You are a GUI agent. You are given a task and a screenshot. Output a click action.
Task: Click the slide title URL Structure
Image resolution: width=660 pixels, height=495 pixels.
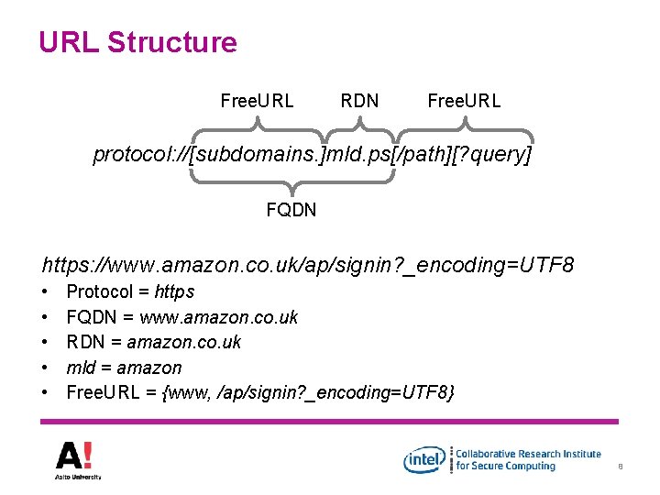[x=137, y=42]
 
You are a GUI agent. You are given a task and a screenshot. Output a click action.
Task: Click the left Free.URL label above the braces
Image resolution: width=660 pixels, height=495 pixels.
[x=257, y=101]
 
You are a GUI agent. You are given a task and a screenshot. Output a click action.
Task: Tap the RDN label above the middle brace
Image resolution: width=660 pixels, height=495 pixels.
[x=359, y=101]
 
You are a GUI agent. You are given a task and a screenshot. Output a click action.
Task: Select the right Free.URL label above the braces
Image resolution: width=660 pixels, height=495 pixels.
[x=464, y=101]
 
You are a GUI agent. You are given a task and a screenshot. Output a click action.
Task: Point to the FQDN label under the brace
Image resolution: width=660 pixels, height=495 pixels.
[x=291, y=210]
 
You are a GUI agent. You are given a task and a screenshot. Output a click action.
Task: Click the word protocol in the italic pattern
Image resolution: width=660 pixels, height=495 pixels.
[x=130, y=154]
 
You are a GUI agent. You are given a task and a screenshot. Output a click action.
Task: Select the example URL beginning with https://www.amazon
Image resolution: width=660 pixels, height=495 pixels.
[x=308, y=266]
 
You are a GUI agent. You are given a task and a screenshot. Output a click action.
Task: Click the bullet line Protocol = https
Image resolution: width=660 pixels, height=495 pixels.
[x=130, y=291]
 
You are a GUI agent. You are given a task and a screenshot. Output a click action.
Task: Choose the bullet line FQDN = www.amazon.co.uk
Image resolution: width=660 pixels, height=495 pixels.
[x=182, y=317]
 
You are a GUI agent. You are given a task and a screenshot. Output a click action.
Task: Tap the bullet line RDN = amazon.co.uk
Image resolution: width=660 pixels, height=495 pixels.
[x=154, y=342]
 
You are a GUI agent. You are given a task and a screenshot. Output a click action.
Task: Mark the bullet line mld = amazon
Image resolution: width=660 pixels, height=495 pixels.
[x=125, y=368]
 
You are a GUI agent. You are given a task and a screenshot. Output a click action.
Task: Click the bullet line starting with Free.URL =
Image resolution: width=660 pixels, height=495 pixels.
[x=260, y=392]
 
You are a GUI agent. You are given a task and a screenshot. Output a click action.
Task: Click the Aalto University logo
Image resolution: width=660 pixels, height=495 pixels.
[x=78, y=459]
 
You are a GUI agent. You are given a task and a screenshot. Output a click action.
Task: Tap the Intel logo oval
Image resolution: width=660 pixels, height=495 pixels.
[x=425, y=459]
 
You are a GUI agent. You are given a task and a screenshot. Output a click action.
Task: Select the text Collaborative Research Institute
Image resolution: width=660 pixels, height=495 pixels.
[x=528, y=454]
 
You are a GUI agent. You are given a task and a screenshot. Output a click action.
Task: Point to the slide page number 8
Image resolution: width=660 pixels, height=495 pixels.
[x=621, y=467]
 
